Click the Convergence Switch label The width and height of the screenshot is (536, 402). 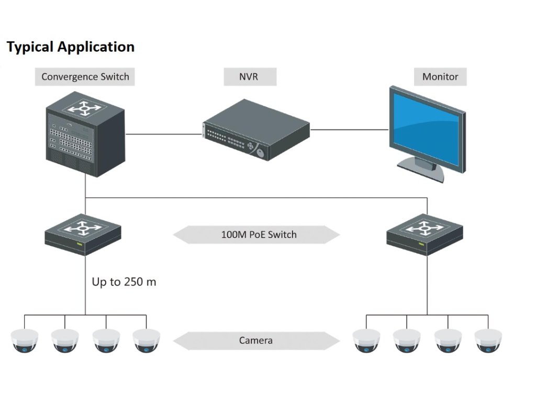click(85, 76)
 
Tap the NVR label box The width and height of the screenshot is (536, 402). click(250, 76)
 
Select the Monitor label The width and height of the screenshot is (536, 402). click(440, 76)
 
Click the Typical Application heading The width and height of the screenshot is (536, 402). click(71, 47)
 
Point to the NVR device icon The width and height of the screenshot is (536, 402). click(256, 130)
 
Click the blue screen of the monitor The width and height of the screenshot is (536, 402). click(426, 129)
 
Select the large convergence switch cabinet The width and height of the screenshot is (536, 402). click(85, 134)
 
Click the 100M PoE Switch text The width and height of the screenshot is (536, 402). click(259, 234)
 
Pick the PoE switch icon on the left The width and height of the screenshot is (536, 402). click(83, 234)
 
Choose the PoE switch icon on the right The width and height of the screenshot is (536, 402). click(425, 234)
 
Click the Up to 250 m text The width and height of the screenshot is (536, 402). click(124, 282)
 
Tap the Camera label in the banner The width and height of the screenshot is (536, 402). click(255, 340)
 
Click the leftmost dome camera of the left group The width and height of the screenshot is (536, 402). click(24, 340)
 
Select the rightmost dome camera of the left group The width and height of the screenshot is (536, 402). click(147, 340)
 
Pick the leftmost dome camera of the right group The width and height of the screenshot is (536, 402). click(366, 340)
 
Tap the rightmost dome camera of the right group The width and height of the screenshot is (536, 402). click(488, 340)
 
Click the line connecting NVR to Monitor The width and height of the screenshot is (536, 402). click(349, 130)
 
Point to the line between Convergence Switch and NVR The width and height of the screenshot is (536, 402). click(164, 134)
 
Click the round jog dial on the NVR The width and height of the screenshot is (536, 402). click(261, 153)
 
